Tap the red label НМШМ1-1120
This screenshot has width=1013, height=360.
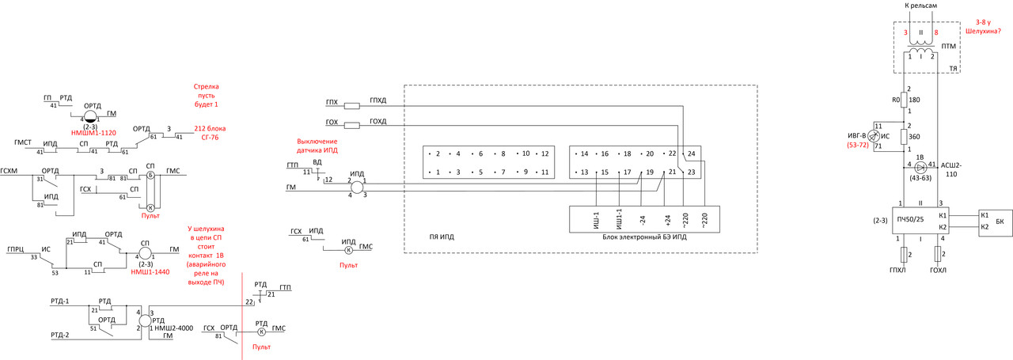click(93, 132)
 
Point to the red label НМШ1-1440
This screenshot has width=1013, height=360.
click(150, 271)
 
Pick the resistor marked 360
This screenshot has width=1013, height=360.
click(904, 137)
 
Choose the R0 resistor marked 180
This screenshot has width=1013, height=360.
click(904, 100)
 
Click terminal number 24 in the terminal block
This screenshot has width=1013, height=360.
click(691, 153)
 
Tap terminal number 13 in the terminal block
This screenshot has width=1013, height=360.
click(584, 172)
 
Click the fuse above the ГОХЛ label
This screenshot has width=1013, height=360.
click(939, 254)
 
